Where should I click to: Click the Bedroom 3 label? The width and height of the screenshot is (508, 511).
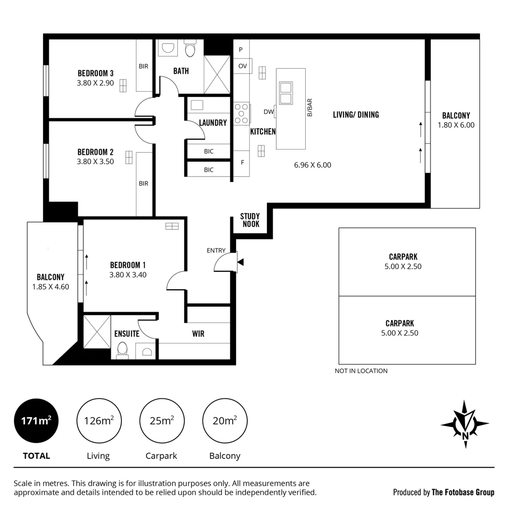(95, 73)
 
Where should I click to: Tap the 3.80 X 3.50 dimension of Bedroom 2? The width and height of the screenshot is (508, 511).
(95, 161)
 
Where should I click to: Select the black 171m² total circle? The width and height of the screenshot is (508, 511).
(36, 421)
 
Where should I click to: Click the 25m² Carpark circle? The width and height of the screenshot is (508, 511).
(162, 421)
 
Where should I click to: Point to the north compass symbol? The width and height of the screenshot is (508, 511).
(464, 424)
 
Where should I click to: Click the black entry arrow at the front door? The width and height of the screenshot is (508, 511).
(240, 262)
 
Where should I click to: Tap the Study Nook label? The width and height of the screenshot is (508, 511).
(250, 220)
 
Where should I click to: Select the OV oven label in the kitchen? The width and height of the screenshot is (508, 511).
(242, 66)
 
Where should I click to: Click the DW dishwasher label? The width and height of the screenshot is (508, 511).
(268, 112)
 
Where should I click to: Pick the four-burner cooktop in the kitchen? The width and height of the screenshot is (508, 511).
(241, 114)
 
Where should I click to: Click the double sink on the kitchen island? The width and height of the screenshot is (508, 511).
(286, 93)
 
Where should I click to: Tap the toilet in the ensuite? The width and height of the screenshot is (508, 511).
(122, 349)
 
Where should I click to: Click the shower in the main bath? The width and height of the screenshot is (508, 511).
(217, 75)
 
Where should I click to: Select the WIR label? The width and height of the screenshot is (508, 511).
(198, 334)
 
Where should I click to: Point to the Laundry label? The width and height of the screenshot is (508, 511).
(213, 123)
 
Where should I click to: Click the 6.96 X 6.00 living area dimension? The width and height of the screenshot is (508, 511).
(312, 165)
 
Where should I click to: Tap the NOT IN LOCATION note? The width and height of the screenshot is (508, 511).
(361, 371)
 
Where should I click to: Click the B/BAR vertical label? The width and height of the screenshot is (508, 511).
(309, 107)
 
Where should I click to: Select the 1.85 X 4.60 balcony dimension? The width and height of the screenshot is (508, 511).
(51, 287)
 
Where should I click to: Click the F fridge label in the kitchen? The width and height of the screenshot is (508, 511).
(242, 162)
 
